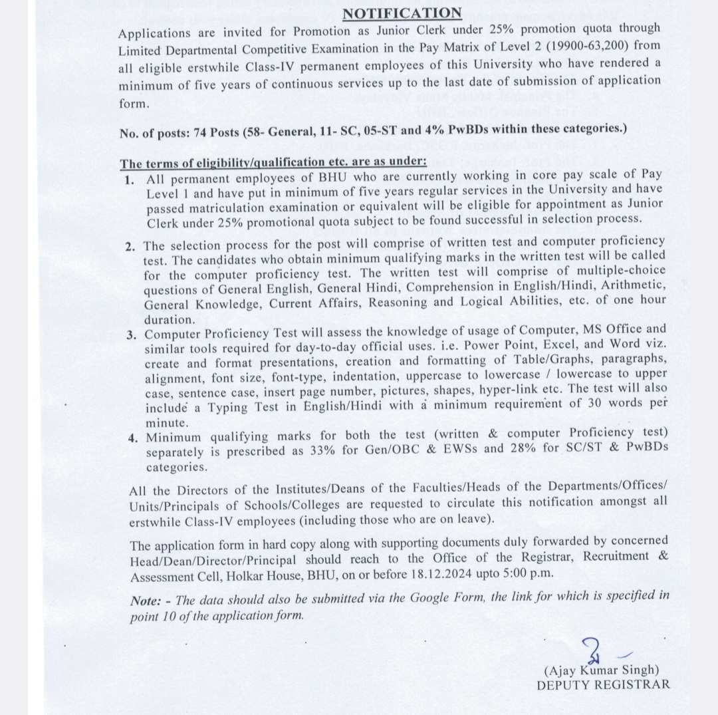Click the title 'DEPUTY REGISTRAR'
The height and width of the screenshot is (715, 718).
coord(603,684)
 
